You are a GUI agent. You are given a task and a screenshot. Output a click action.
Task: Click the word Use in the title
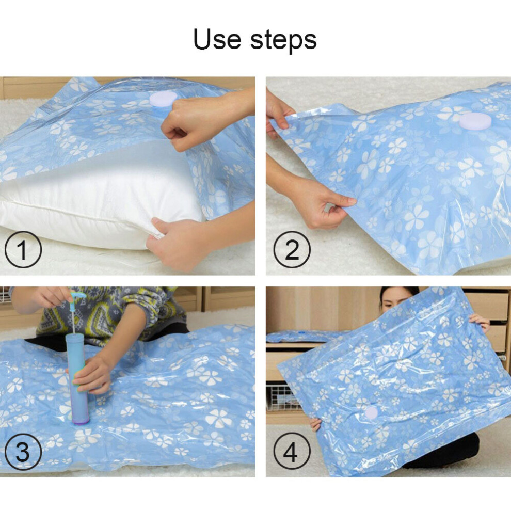click(217, 39)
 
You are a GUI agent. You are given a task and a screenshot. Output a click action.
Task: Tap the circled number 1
click(23, 249)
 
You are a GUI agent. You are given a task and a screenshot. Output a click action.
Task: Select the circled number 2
click(292, 249)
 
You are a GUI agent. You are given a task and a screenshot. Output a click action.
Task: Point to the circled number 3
click(23, 451)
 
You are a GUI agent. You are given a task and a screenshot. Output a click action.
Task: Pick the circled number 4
click(292, 451)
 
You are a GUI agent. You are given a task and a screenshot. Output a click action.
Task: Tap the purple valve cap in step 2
click(475, 121)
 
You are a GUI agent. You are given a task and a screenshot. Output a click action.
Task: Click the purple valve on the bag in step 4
click(371, 413)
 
